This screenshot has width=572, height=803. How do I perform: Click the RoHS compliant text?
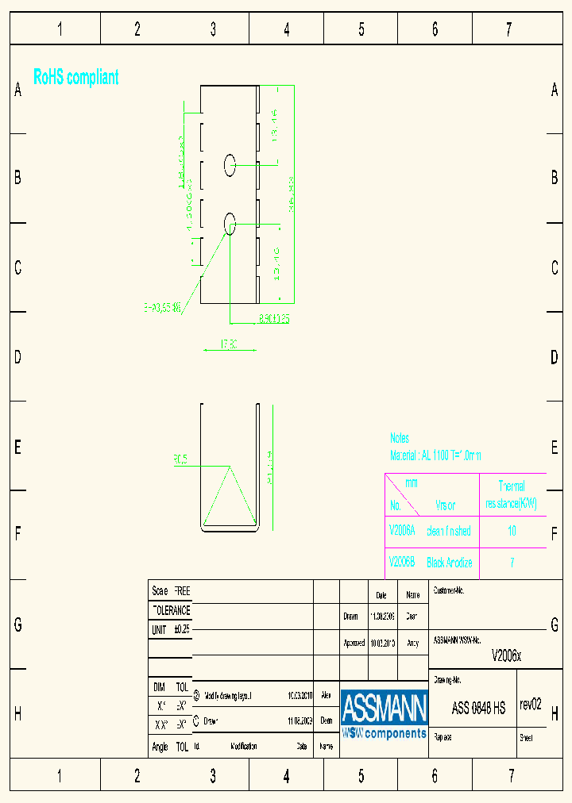pos(76,78)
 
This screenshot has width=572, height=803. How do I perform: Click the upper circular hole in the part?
pos(230,165)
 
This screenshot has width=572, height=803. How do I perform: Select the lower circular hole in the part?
pos(230,224)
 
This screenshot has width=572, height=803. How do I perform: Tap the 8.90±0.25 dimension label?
pos(274,319)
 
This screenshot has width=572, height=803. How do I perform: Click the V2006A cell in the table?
pos(402,531)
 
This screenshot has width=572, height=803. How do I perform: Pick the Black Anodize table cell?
pos(450,563)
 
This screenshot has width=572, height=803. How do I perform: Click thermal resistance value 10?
pos(512,531)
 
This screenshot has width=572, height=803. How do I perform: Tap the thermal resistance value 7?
pos(512,563)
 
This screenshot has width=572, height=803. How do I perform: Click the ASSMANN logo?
pos(385,713)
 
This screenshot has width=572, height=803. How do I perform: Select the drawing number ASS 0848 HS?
pos(478,709)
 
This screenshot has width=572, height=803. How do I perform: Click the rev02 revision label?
pos(530,705)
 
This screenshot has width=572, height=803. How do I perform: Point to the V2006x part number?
pos(507,655)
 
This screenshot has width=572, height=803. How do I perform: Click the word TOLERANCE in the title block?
pos(171,611)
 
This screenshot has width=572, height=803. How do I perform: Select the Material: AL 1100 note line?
pos(435,455)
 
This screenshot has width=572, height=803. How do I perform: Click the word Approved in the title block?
pos(354,644)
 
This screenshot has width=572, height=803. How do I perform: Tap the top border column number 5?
pos(361,30)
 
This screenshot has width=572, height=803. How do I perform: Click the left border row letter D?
pos(17,357)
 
